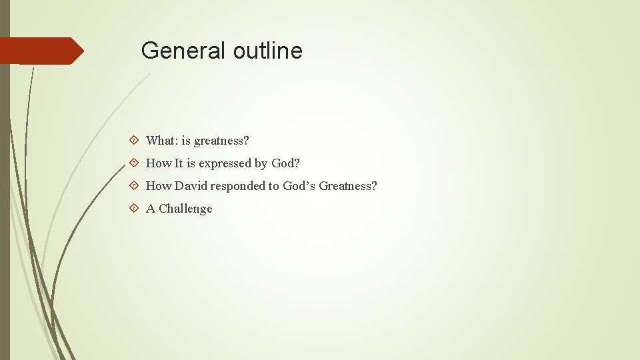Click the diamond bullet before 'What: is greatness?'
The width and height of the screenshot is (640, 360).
pos(134,141)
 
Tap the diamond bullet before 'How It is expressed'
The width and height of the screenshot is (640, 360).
pos(134,163)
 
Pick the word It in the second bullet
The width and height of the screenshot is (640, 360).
pos(179,163)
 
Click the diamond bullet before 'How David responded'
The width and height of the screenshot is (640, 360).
pos(134,186)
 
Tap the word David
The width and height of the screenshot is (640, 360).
pos(192,186)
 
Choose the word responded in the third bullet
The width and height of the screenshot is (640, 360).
pos(238,186)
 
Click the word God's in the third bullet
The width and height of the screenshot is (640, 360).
pos(299,186)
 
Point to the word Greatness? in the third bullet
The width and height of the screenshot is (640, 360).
pos(348,186)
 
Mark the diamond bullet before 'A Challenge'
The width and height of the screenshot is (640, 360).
pos(134,209)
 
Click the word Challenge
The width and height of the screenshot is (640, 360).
pos(185,209)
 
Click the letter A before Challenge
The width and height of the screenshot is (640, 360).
pos(151,209)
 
